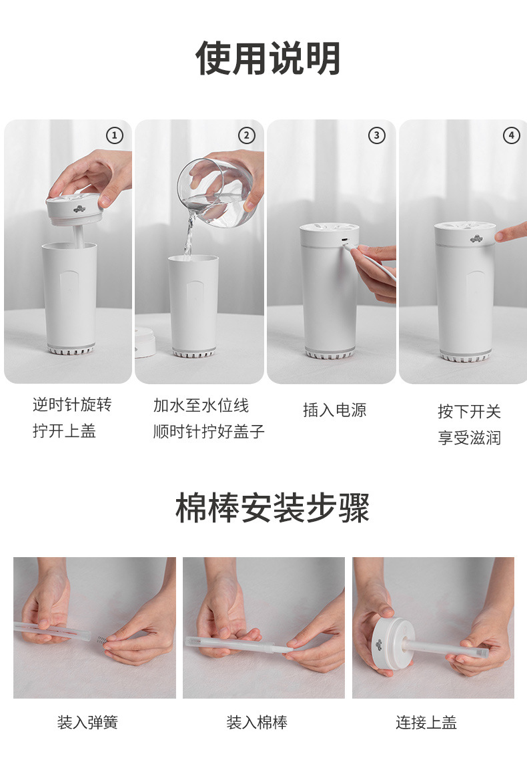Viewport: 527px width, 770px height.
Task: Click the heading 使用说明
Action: click(268, 59)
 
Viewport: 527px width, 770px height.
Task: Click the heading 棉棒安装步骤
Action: click(272, 508)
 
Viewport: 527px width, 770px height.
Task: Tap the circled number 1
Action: click(115, 136)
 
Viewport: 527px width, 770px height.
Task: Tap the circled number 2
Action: click(247, 136)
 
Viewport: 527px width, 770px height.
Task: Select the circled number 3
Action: click(377, 136)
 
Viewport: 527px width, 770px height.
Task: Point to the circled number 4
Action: click(510, 136)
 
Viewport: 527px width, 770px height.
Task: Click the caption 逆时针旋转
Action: click(72, 405)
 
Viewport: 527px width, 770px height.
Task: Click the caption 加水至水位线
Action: click(201, 406)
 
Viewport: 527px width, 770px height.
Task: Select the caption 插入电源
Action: click(334, 410)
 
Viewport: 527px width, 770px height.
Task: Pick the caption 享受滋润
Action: click(469, 438)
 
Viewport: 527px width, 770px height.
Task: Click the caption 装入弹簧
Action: click(87, 723)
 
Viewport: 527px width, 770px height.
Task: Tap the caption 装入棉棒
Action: click(257, 723)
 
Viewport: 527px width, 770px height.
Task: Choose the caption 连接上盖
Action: click(426, 723)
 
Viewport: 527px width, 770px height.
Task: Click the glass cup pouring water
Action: click(215, 192)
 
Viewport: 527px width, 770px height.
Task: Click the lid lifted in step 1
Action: click(75, 210)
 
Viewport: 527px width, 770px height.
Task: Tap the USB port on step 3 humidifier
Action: click(344, 241)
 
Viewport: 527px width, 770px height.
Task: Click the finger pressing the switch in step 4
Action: click(510, 233)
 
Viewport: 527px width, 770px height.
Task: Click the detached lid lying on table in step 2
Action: click(145, 342)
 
